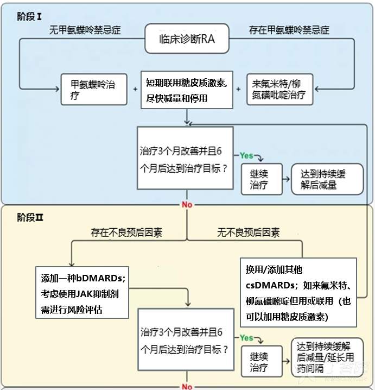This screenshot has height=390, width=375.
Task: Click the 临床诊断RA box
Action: (x=187, y=39)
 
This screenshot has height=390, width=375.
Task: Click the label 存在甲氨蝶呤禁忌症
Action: (x=289, y=30)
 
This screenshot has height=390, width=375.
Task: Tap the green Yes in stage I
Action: (x=247, y=155)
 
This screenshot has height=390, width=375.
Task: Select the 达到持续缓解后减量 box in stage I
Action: (x=327, y=179)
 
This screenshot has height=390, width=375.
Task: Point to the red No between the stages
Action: (x=187, y=205)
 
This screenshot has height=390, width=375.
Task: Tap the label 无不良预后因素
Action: (x=249, y=232)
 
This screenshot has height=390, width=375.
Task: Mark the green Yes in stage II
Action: (x=247, y=338)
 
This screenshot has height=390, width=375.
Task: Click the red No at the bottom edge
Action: (x=187, y=386)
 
